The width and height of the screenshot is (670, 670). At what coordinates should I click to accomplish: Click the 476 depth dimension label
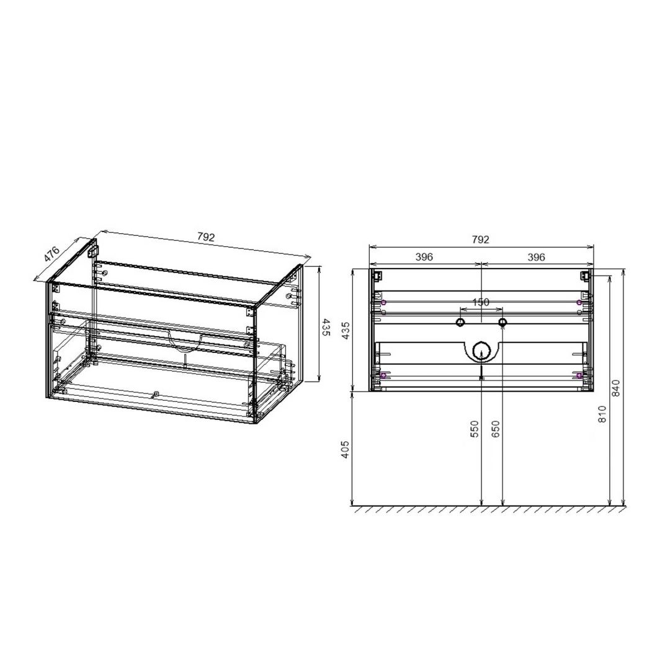point(51,255)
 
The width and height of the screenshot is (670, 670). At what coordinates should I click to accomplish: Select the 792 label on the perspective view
point(206,237)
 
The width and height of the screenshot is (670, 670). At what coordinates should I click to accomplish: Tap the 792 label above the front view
point(481,239)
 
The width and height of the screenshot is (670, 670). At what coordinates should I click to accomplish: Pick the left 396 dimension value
point(424,257)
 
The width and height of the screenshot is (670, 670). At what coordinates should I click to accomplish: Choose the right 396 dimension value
point(537,257)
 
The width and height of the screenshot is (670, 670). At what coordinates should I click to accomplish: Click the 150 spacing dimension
point(481,302)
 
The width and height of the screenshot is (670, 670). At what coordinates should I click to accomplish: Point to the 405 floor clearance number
point(346,449)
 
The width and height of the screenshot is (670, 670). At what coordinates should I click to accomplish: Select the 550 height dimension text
point(475,429)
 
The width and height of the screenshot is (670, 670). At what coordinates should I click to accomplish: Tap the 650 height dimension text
point(495,429)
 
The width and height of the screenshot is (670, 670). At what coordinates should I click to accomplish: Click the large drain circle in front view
point(481,352)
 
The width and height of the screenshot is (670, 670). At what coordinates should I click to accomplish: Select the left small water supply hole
point(460,322)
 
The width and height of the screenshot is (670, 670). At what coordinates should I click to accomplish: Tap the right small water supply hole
point(502,322)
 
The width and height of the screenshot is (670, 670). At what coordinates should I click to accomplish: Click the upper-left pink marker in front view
point(384,302)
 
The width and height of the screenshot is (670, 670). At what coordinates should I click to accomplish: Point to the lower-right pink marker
point(579,375)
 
